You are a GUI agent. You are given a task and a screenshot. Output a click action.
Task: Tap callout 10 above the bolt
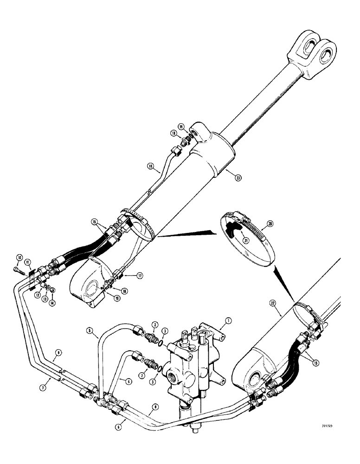[19, 258]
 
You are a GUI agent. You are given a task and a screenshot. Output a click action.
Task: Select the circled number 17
[139, 275]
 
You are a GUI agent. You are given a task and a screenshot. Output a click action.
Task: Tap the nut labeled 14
[52, 290]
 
